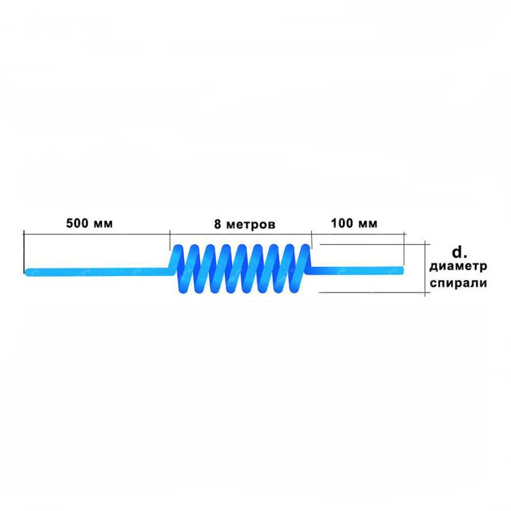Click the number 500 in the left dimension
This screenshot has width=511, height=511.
pyautogui.click(x=77, y=223)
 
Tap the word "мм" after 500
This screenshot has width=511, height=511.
pyautogui.click(x=103, y=224)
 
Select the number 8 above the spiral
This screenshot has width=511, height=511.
pyautogui.click(x=218, y=224)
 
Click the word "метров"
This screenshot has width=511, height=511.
pyautogui.click(x=251, y=225)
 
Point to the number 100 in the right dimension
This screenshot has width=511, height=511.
pyautogui.click(x=342, y=223)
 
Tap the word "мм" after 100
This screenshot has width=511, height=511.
pyautogui.click(x=368, y=224)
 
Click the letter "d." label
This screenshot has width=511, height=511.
pyautogui.click(x=459, y=252)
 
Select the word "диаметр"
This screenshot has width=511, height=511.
pyautogui.click(x=458, y=267)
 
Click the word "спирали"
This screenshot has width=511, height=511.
pyautogui.click(x=458, y=283)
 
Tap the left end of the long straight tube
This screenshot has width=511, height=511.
pyautogui.click(x=26, y=272)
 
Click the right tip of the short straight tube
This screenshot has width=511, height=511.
pyautogui.click(x=403, y=270)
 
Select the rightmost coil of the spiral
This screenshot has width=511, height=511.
pyautogui.click(x=302, y=267)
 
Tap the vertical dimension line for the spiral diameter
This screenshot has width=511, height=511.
pyautogui.click(x=425, y=268)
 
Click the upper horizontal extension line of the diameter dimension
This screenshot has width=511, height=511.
pyautogui.click(x=375, y=245)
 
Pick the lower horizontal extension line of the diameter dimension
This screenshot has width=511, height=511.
pyautogui.click(x=375, y=293)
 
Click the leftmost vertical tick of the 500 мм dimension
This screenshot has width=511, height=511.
pyautogui.click(x=24, y=252)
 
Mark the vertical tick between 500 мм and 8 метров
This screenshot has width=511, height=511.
pyautogui.click(x=170, y=240)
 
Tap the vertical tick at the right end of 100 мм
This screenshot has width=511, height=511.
pyautogui.click(x=404, y=249)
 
